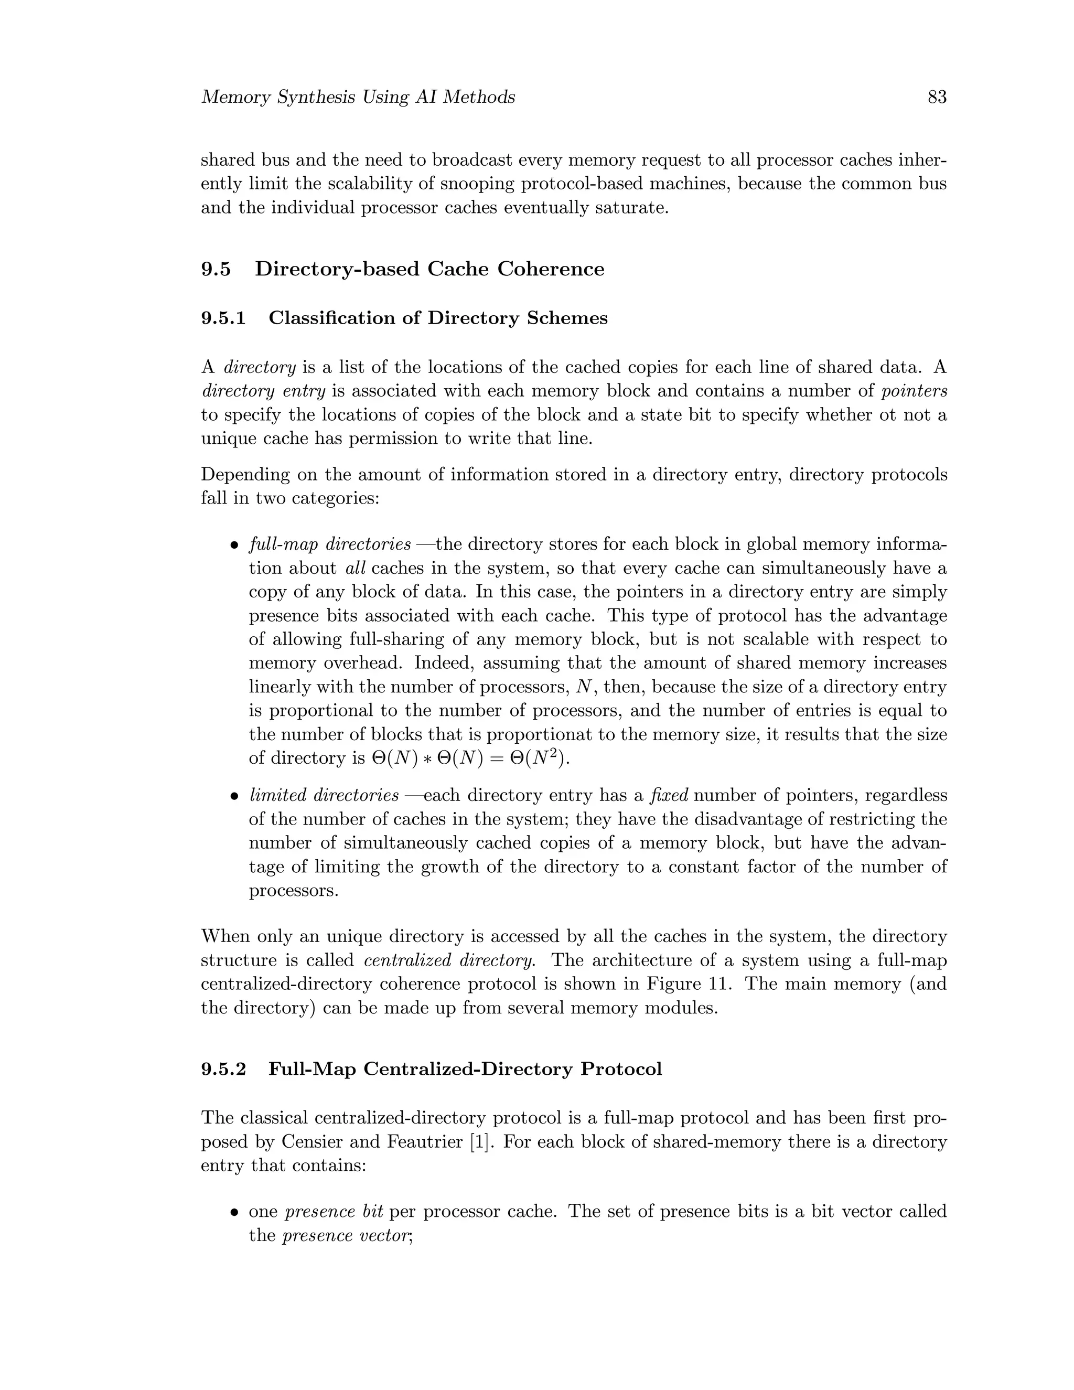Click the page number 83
point(937,98)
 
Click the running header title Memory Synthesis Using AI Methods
point(358,98)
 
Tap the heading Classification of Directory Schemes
point(438,318)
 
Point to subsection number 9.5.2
point(223,1068)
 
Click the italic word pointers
point(914,391)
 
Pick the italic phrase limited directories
point(323,796)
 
